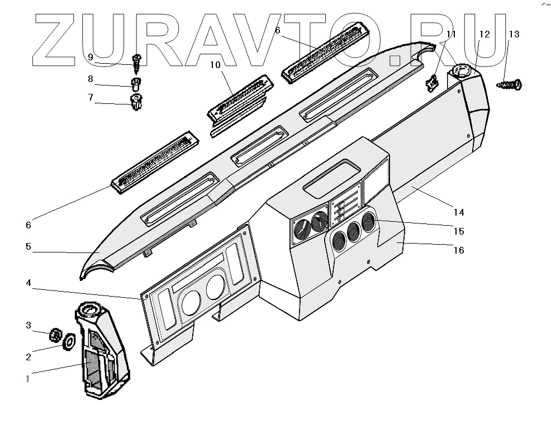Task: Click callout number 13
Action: coord(514,34)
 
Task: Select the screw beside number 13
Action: coord(509,85)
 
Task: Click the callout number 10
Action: coord(216,65)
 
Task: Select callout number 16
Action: coord(458,250)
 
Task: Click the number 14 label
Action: coord(458,212)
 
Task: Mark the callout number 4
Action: coord(28,283)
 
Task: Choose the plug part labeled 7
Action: coord(135,103)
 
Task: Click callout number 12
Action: coord(484,34)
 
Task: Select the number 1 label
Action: coord(28,378)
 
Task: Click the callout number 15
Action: coord(458,231)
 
